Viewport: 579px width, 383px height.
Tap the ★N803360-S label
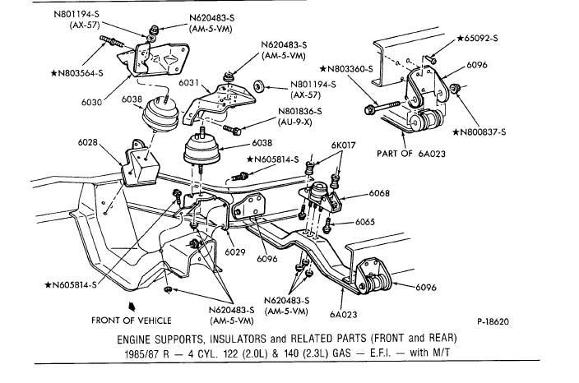tap(347, 70)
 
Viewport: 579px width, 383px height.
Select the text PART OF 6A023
tap(411, 154)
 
